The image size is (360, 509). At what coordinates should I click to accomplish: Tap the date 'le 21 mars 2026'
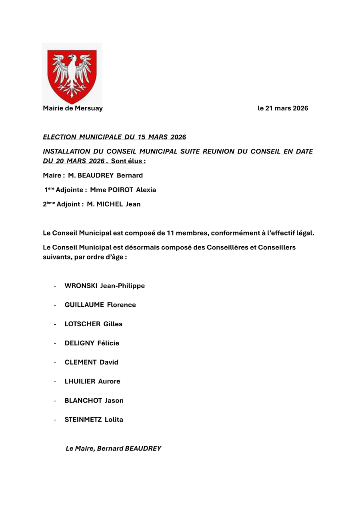pos(283,108)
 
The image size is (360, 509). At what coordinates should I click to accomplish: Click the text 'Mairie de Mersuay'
pos(73,108)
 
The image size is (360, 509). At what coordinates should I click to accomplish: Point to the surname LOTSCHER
pos(82,324)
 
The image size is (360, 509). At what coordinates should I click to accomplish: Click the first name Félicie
pos(108,343)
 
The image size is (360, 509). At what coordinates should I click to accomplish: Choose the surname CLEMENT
pos(80,362)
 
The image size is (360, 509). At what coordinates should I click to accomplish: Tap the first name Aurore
pos(109,381)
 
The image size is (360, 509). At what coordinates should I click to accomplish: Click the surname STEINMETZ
pos(83,420)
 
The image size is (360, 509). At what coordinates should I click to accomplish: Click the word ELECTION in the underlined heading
pos(60,137)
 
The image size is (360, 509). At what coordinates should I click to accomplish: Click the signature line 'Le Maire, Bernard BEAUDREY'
pos(114,449)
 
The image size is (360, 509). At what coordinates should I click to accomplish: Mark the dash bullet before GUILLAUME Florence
pos(55,305)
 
